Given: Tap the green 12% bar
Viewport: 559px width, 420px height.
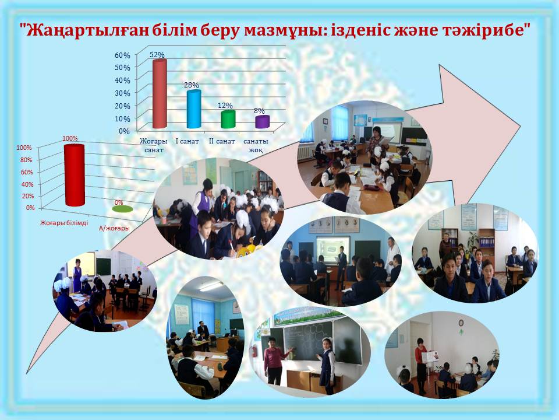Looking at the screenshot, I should point(228,119).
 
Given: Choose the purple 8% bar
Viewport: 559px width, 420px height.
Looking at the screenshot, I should point(263,121).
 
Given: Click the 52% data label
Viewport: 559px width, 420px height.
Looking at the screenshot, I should point(157,55).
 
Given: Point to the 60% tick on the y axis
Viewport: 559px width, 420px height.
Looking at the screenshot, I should point(122,55).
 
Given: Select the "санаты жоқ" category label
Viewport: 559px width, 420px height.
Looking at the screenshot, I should point(257,146).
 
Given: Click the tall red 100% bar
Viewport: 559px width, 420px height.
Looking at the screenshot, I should point(74,176).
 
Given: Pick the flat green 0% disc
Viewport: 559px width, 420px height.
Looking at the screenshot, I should point(122,209).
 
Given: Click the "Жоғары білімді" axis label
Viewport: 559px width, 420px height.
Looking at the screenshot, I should point(64,223).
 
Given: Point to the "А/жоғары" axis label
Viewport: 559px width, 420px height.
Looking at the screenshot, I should point(115,229).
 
